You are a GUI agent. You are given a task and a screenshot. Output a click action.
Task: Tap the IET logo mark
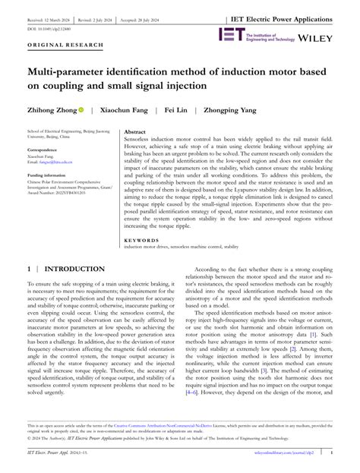230,35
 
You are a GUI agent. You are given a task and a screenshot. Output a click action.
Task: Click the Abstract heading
137,131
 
